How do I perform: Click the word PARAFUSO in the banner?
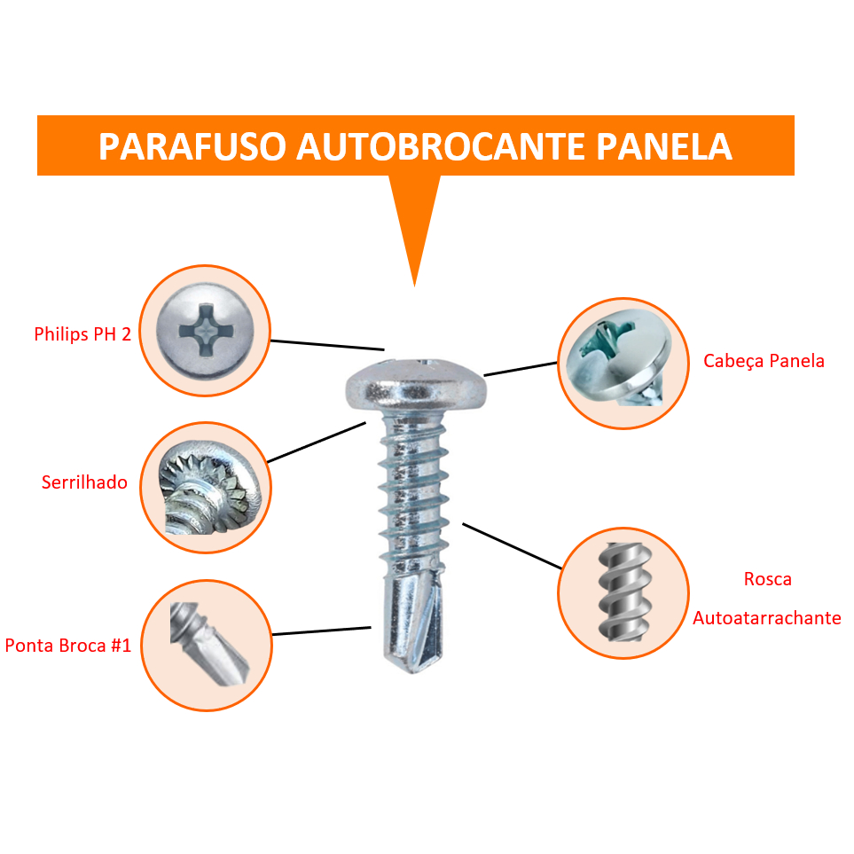[x=191, y=147]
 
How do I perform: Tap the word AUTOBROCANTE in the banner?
[x=439, y=147]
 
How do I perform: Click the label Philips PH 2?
[x=82, y=334]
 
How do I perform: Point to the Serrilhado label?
[x=84, y=483]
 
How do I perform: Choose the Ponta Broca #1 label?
[x=68, y=646]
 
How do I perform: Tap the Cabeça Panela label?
[x=764, y=361]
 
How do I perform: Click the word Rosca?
[x=767, y=580]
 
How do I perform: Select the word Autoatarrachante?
[x=766, y=618]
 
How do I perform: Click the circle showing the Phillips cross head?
[x=205, y=330]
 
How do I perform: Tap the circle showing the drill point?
[x=207, y=646]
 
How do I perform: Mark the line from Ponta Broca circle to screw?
[x=321, y=631]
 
